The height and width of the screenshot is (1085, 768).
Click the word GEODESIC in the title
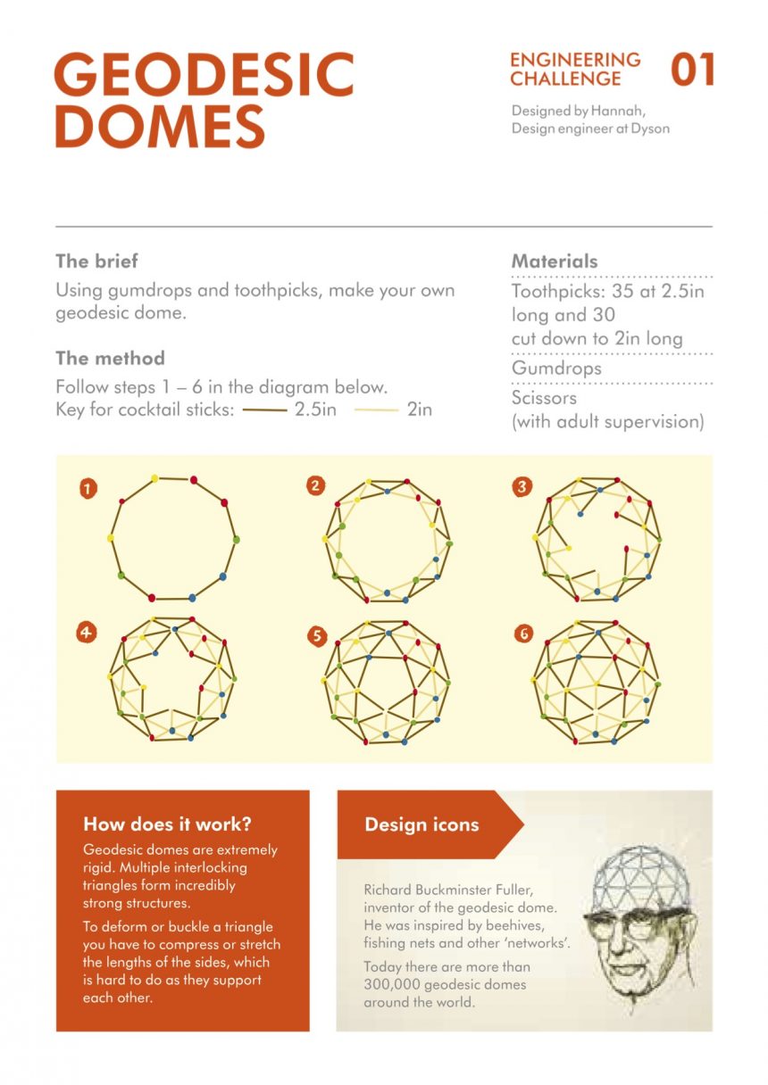pos(204,75)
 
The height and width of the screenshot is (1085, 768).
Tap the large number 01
pos(693,70)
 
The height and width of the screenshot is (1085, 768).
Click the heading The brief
pos(96,261)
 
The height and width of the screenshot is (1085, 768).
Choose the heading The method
pos(110,359)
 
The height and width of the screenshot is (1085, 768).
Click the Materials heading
pos(555,261)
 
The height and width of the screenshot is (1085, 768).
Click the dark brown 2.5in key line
pos(263,410)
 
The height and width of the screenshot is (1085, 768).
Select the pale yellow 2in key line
pos(376,410)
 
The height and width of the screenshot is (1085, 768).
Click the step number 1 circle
pos(88,488)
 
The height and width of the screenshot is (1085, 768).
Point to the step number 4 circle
pos(86,633)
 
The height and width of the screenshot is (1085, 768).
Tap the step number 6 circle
pos(523,634)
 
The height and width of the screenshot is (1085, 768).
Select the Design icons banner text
pos(422,824)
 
